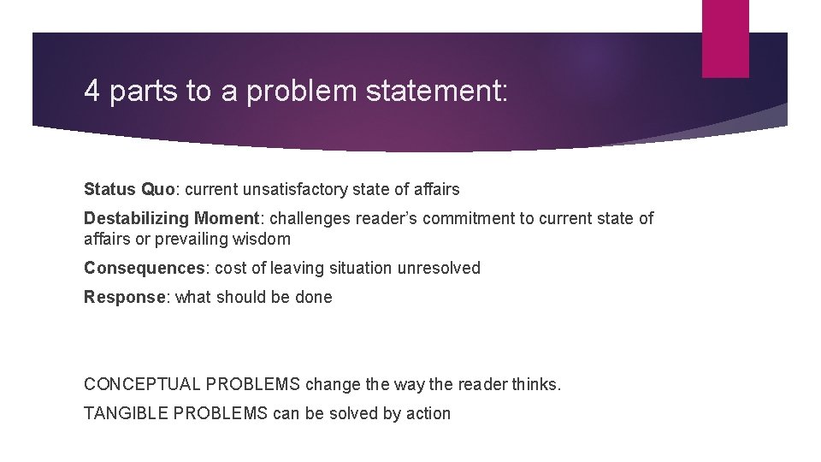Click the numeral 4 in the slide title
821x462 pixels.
pos(92,91)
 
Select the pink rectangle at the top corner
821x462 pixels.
pos(725,38)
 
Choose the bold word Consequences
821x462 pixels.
pos(145,268)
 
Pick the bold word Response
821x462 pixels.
pos(123,297)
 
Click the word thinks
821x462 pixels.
pos(537,384)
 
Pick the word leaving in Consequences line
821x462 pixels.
pos(295,268)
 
